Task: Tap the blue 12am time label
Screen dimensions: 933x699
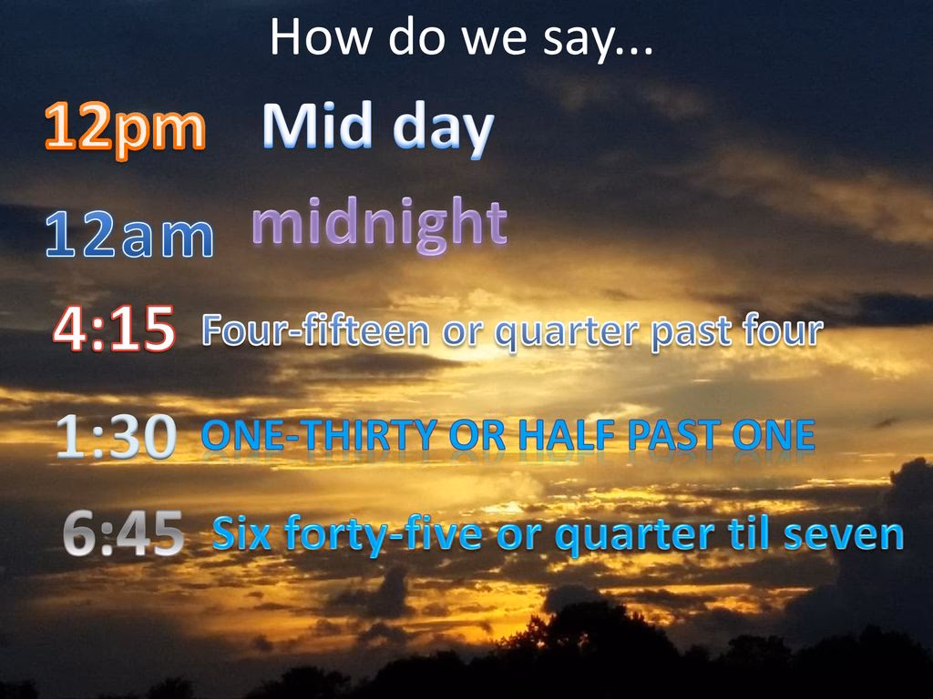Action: [x=129, y=235]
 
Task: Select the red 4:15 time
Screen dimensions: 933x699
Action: [x=114, y=328]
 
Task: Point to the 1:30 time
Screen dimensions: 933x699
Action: [x=117, y=436]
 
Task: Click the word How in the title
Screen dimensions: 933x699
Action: [x=322, y=36]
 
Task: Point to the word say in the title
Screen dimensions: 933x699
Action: [x=577, y=40]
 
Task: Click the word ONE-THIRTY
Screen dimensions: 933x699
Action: [x=320, y=434]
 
